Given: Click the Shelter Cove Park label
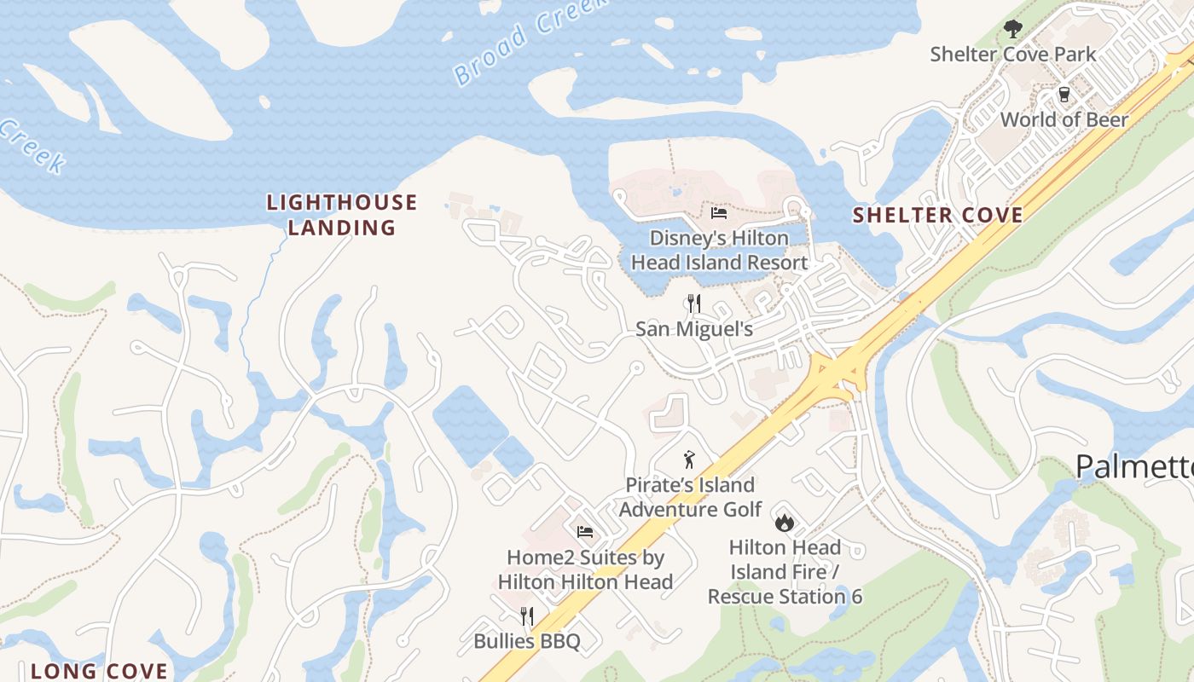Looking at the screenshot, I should pyautogui.click(x=1013, y=55).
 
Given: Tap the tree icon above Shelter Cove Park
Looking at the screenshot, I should pyautogui.click(x=1012, y=29).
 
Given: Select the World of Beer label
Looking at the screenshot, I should pyautogui.click(x=1064, y=119).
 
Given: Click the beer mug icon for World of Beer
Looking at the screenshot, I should pyautogui.click(x=1064, y=94).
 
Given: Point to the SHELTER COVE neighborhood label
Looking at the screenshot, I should pyautogui.click(x=938, y=215).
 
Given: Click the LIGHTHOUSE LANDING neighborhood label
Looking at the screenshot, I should pyautogui.click(x=342, y=215).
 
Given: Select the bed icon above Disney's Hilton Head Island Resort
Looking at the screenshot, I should pyautogui.click(x=719, y=212).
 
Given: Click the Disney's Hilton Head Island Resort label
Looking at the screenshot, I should pyautogui.click(x=719, y=250).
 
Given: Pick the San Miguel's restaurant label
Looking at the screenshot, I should pyautogui.click(x=694, y=329).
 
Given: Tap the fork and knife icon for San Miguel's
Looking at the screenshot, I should pyautogui.click(x=694, y=303).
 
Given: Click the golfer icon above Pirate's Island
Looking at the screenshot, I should pyautogui.click(x=689, y=460).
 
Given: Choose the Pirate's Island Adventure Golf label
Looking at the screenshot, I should pyautogui.click(x=690, y=497).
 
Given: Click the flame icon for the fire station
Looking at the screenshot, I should pyautogui.click(x=784, y=522).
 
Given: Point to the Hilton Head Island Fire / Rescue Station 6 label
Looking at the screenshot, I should pyautogui.click(x=785, y=571).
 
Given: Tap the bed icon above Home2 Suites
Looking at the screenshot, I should pyautogui.click(x=585, y=532).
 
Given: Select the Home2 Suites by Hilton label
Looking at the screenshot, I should pyautogui.click(x=585, y=569).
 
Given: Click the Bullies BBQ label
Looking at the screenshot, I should pyautogui.click(x=527, y=641).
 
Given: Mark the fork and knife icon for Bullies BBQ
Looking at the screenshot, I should pyautogui.click(x=527, y=616).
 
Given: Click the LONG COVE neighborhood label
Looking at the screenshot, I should pyautogui.click(x=100, y=671).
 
